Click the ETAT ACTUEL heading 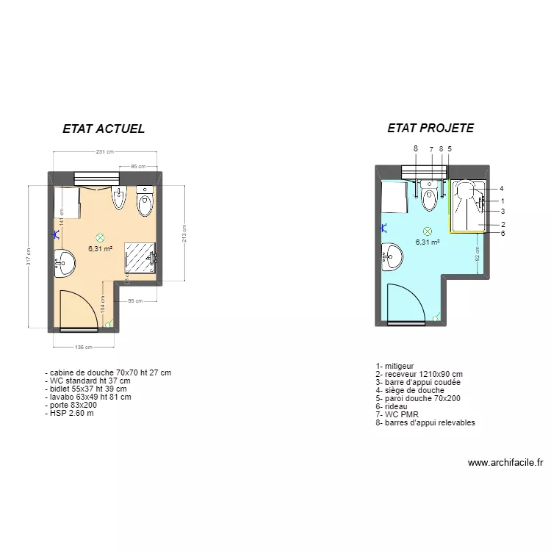[104, 129]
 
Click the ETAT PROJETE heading [431, 128]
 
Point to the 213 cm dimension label [184, 233]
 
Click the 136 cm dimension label [83, 347]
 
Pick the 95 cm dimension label [134, 301]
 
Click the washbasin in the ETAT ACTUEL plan [63, 263]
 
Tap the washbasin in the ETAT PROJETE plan [391, 258]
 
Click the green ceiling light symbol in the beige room [101, 237]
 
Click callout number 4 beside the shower [501, 189]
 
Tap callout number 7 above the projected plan [431, 149]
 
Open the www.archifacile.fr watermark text [505, 463]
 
